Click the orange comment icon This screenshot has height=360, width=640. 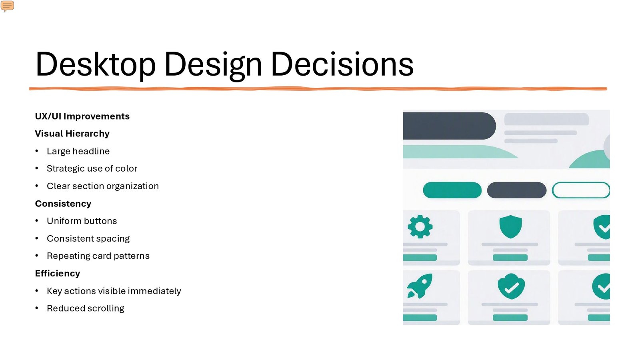tap(7, 6)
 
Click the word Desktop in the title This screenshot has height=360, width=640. tap(96, 64)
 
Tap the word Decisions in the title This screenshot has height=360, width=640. tap(342, 64)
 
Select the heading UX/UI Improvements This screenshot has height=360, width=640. tap(82, 116)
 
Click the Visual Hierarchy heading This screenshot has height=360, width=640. tap(72, 134)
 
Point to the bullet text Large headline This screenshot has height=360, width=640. tap(78, 151)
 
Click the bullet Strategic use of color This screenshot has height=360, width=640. tap(92, 168)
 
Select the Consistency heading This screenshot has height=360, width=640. tap(63, 204)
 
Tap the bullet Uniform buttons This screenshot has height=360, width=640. tap(82, 221)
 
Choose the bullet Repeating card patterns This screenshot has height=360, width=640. tap(98, 256)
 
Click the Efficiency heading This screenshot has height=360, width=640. tap(58, 274)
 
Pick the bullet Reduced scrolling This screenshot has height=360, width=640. tap(86, 308)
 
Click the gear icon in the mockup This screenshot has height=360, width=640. tap(420, 226)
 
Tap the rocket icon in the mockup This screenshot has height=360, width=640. tap(420, 286)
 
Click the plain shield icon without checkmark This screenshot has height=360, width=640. tap(510, 226)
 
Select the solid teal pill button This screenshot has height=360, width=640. tap(452, 190)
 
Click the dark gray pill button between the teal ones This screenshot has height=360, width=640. tap(517, 190)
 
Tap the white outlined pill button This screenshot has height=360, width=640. tap(581, 190)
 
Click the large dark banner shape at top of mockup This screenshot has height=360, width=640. tap(449, 126)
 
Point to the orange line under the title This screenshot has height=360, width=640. tap(318, 89)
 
